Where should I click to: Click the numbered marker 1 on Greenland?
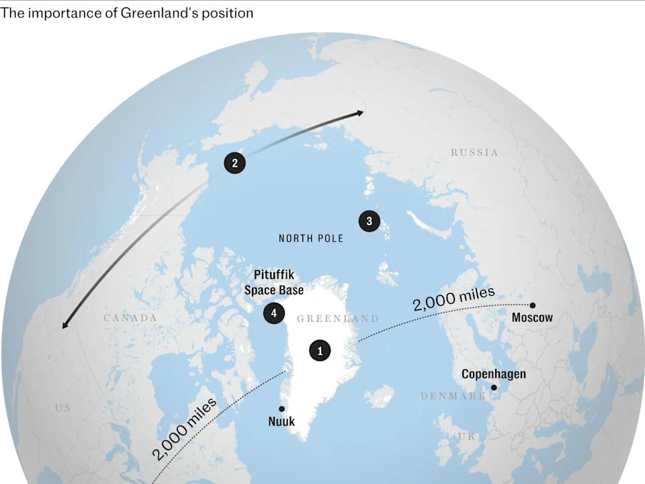(320, 350)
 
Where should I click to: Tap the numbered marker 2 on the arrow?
(234, 163)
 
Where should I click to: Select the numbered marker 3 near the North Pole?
(369, 220)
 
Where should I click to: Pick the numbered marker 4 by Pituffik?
(273, 313)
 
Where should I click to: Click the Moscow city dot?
(533, 305)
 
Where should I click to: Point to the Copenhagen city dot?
(494, 387)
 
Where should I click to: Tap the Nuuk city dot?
(282, 409)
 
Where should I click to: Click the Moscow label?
(532, 317)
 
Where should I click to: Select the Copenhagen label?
(493, 374)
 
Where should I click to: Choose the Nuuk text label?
(282, 421)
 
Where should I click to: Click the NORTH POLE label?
(310, 239)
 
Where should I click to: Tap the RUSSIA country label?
(474, 153)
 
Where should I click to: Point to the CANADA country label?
(130, 317)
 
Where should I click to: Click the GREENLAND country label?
(337, 319)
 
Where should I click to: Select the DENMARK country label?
(453, 397)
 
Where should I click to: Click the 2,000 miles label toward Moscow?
(454, 298)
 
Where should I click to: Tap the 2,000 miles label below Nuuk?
(185, 428)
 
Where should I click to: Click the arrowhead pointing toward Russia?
(361, 113)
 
